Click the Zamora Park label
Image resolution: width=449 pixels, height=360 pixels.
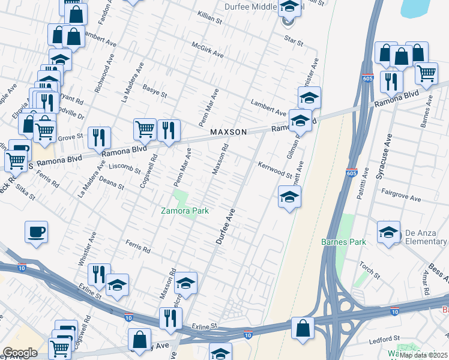(184, 211)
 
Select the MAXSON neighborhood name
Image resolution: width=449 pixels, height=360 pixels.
(229, 131)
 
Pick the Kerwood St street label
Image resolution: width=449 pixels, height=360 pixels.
(274, 170)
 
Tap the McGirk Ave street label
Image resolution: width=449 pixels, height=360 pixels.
(207, 50)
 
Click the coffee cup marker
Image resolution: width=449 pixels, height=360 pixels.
(37, 232)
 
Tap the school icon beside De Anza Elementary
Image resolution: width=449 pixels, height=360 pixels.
(388, 232)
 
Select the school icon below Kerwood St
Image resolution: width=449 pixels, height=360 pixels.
(289, 197)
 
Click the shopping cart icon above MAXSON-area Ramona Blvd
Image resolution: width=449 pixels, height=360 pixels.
(145, 128)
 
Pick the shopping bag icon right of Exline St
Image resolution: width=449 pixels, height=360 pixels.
(303, 328)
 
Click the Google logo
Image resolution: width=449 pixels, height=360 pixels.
(20, 353)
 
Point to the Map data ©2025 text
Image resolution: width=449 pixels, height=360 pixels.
(423, 355)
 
